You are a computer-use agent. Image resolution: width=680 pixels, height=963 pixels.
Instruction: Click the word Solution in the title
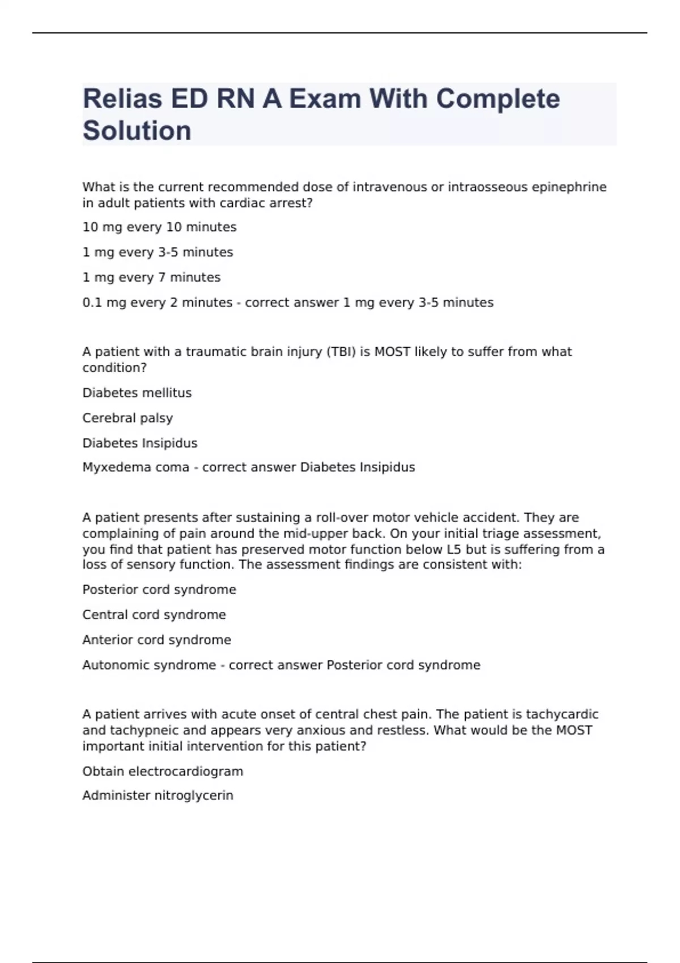pyautogui.click(x=137, y=131)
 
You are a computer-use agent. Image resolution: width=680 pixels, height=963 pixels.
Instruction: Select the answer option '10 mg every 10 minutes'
pyautogui.click(x=159, y=227)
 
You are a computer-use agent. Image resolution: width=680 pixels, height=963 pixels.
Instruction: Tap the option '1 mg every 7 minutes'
pyautogui.click(x=151, y=278)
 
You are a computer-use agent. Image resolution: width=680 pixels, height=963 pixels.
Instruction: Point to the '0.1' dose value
pyautogui.click(x=92, y=302)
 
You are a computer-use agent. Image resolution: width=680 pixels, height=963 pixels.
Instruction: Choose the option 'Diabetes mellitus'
pyautogui.click(x=137, y=393)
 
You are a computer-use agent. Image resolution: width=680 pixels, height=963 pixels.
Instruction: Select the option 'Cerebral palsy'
pyautogui.click(x=127, y=418)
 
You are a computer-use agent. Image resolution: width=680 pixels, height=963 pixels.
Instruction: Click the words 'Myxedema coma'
pyautogui.click(x=135, y=467)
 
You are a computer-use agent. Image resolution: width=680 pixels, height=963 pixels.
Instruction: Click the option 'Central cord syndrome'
pyautogui.click(x=154, y=615)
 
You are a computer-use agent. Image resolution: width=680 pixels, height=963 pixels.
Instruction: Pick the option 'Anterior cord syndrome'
pyautogui.click(x=156, y=640)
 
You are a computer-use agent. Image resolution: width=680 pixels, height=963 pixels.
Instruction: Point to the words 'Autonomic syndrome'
pyautogui.click(x=149, y=664)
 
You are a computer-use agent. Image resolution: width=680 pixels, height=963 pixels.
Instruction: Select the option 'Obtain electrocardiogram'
pyautogui.click(x=162, y=771)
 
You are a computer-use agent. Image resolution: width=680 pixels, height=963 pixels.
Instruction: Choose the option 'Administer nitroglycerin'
pyautogui.click(x=158, y=795)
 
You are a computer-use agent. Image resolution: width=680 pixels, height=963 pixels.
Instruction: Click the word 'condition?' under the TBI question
pyautogui.click(x=114, y=368)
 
